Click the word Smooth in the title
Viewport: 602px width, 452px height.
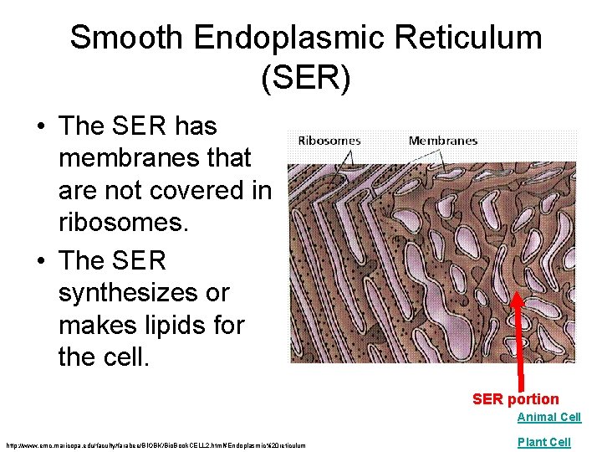pyautogui.click(x=126, y=38)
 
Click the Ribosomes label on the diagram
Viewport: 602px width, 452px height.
pyautogui.click(x=329, y=141)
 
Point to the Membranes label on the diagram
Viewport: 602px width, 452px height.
pyautogui.click(x=443, y=141)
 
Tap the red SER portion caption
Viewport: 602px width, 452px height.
pyautogui.click(x=515, y=399)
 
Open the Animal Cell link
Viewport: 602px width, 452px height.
pyautogui.click(x=548, y=417)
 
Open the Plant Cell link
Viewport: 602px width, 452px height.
pyautogui.click(x=543, y=441)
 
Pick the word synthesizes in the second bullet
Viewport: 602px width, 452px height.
pyautogui.click(x=144, y=293)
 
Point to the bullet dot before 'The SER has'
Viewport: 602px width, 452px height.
pyautogui.click(x=40, y=127)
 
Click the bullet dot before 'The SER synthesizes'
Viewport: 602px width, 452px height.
pyautogui.click(x=40, y=261)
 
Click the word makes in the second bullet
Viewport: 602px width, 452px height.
pyautogui.click(x=100, y=325)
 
